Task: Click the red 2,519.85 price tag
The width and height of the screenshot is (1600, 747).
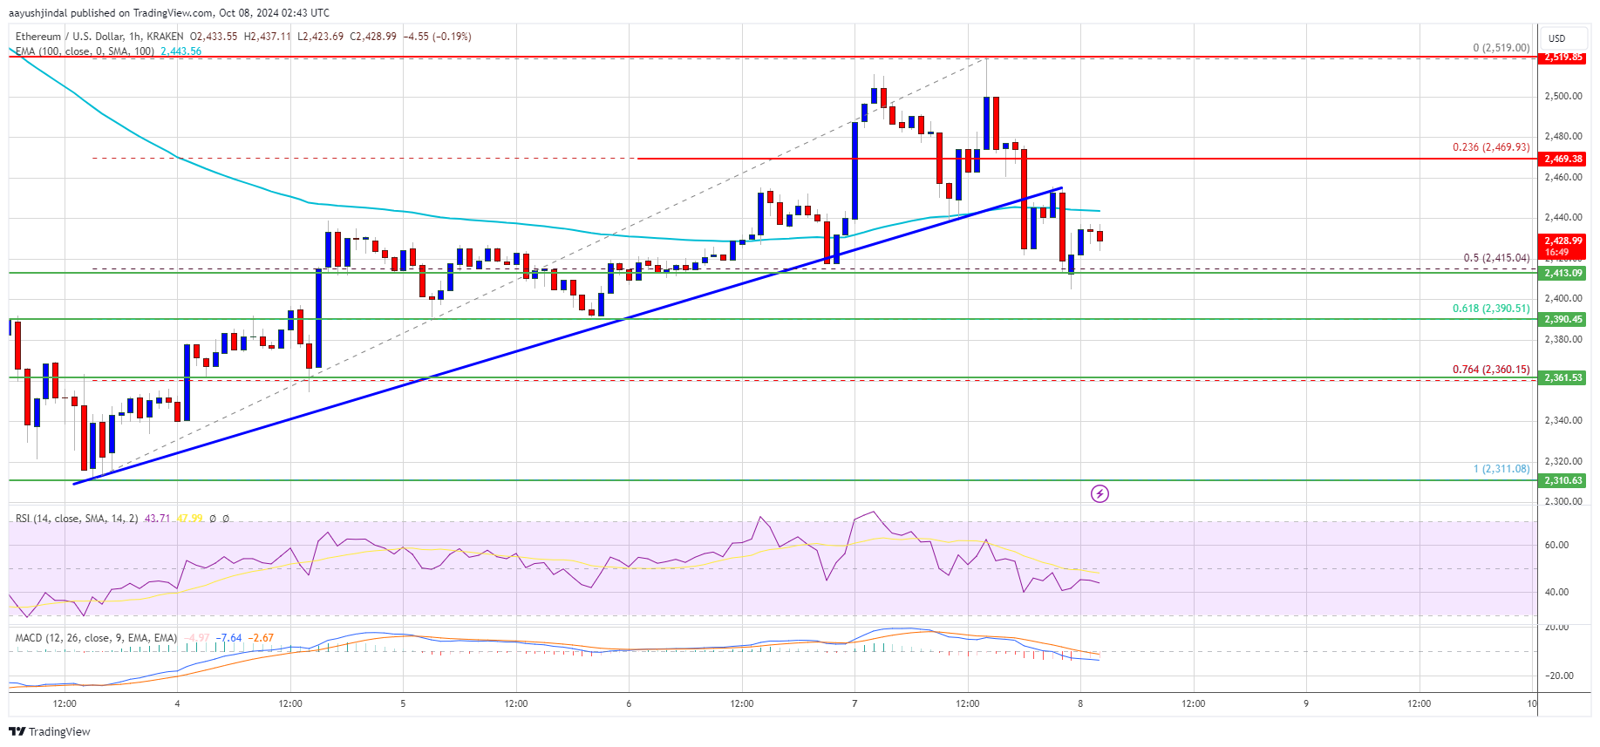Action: (x=1563, y=57)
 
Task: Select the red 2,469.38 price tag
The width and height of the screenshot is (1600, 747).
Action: (x=1563, y=159)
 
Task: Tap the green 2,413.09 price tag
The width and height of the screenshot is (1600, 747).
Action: (x=1563, y=273)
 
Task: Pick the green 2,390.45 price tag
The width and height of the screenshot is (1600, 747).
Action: (x=1563, y=319)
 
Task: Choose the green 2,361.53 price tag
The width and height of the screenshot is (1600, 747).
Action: (x=1563, y=377)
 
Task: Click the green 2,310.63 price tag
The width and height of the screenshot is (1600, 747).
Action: (x=1563, y=480)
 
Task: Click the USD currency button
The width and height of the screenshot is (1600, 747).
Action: (x=1557, y=38)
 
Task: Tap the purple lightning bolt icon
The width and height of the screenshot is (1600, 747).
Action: (x=1100, y=494)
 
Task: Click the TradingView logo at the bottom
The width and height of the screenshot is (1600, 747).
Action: (x=51, y=731)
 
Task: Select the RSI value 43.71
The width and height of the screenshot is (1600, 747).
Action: (x=157, y=519)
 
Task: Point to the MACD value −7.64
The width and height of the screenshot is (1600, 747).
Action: (x=230, y=638)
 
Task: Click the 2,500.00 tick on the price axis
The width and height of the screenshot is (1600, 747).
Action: (x=1563, y=96)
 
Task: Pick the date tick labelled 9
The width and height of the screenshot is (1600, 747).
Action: (x=1305, y=703)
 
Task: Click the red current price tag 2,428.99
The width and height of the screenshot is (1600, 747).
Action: (x=1563, y=245)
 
